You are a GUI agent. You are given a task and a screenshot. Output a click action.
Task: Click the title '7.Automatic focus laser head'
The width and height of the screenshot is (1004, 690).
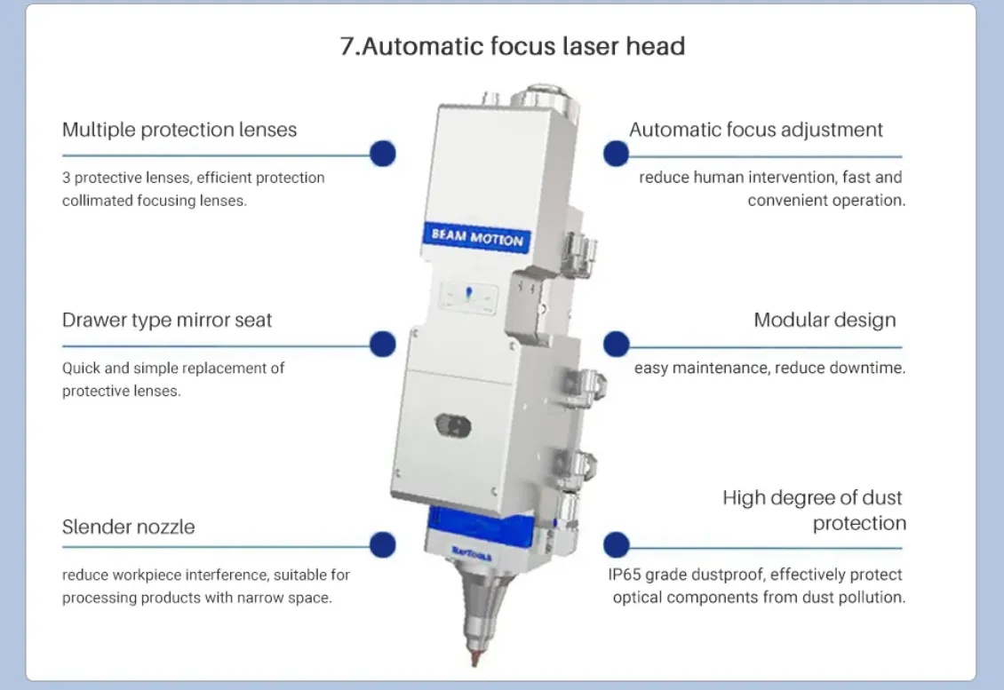(513, 46)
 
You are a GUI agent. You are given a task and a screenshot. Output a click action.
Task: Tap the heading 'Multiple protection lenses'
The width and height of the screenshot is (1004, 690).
(179, 130)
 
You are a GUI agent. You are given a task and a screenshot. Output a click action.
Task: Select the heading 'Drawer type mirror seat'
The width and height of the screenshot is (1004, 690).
(167, 320)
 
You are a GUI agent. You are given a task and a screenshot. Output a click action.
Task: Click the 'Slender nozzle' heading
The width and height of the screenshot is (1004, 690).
(129, 527)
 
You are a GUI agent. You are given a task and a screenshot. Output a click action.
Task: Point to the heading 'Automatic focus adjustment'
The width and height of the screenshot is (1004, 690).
(755, 130)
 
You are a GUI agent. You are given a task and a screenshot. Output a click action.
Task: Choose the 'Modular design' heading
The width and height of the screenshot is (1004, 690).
(825, 320)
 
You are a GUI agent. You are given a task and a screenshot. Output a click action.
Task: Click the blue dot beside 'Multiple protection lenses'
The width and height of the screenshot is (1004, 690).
(383, 154)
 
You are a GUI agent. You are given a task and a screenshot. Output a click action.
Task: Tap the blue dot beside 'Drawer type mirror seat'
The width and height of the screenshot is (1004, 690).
(383, 345)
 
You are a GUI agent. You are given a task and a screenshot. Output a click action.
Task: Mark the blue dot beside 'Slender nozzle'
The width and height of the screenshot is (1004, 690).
(383, 544)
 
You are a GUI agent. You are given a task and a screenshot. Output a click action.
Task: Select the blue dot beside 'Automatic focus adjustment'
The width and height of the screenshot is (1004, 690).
(616, 154)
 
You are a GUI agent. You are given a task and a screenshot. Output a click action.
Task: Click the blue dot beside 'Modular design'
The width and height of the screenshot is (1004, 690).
(616, 345)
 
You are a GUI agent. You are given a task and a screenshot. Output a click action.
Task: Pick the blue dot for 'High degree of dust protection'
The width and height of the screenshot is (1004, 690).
(616, 544)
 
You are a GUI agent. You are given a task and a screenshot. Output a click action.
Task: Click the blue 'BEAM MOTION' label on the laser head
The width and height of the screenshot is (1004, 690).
(477, 237)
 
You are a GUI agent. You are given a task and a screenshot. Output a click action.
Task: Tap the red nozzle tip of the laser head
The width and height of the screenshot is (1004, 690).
(474, 656)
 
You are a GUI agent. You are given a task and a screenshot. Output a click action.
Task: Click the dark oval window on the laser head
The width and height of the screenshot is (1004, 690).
(453, 425)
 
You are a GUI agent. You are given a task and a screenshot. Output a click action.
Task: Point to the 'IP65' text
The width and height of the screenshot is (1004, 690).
(625, 575)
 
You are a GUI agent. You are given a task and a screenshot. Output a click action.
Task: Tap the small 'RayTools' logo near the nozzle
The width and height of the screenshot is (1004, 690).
(471, 553)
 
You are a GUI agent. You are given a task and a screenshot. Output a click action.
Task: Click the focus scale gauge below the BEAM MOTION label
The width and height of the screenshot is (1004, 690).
(469, 297)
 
